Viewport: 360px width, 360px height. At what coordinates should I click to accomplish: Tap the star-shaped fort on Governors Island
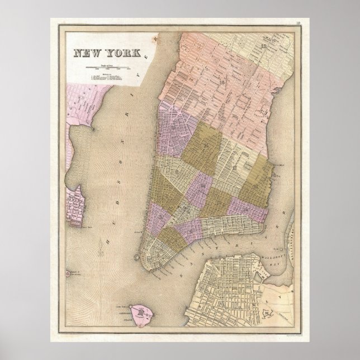click(x=144, y=314)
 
